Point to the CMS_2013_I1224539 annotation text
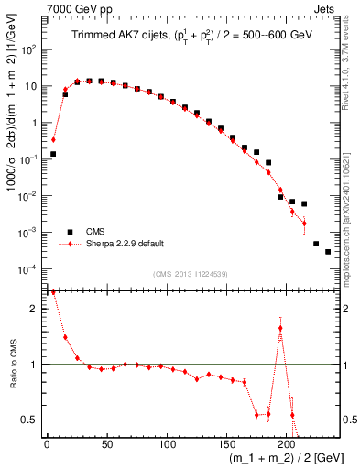pos(191,274)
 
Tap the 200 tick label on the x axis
pos(286,444)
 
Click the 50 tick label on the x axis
pos(107,444)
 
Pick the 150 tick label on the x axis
pos(226,444)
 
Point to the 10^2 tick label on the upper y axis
pos(29,49)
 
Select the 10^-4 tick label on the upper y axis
pos(29,268)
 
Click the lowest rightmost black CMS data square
pos(328,252)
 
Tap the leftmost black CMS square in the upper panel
pos(53,154)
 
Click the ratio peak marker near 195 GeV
pos(280,328)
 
